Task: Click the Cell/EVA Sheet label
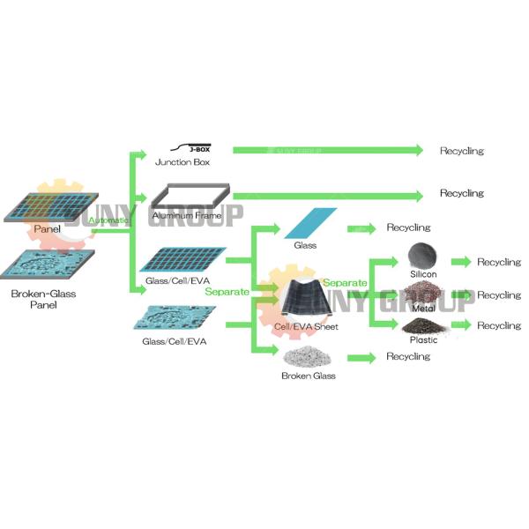[306, 327]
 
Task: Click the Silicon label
[422, 273]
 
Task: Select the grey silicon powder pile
[423, 255]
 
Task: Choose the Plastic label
[423, 339]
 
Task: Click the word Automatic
[108, 220]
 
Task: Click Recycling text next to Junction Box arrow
[462, 151]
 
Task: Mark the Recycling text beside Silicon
[499, 262]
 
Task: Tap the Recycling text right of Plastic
[499, 326]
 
